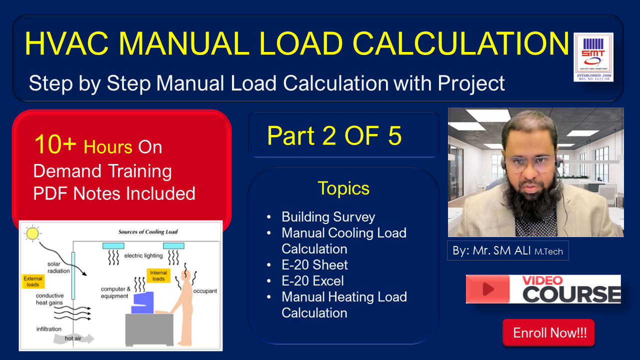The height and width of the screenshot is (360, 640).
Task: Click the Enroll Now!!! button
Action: (548, 333)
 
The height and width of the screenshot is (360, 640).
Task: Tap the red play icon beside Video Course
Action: (487, 289)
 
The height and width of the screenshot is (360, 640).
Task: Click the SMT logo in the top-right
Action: (593, 57)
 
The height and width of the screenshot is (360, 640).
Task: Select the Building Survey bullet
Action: (328, 217)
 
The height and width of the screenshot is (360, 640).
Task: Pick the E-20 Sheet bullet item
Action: (314, 265)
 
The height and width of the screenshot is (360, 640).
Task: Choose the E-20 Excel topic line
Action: (312, 281)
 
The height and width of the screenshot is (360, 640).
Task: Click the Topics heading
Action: (343, 188)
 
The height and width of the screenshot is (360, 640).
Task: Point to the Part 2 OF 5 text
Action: (334, 135)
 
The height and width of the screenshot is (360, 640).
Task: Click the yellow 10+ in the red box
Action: (55, 145)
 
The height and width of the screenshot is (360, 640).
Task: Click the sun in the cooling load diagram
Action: (32, 233)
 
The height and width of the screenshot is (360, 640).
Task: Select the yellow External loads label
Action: (33, 281)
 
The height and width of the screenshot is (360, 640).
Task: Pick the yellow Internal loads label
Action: (158, 275)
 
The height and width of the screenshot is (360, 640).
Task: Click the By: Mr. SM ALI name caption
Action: (507, 251)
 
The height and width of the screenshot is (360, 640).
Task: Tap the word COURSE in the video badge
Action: (571, 294)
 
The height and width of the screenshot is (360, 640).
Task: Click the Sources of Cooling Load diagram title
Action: (147, 232)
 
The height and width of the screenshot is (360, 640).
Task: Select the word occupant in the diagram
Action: (205, 291)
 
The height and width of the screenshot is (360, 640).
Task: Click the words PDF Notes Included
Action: (114, 193)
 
